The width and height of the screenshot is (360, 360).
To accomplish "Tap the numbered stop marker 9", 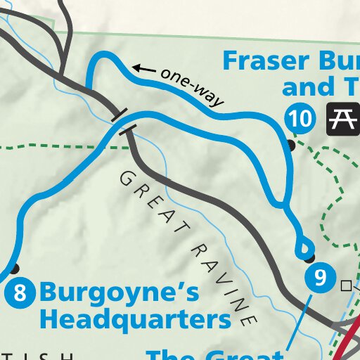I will pos(320,278).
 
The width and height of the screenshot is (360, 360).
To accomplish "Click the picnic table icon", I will pos(342,119).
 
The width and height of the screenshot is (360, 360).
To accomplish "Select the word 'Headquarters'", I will pos(135,320).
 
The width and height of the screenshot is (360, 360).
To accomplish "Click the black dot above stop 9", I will pos(310,257).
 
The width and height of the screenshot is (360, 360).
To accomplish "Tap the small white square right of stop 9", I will pos(345,285).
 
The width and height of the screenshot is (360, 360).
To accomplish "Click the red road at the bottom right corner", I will pos(350,345).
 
